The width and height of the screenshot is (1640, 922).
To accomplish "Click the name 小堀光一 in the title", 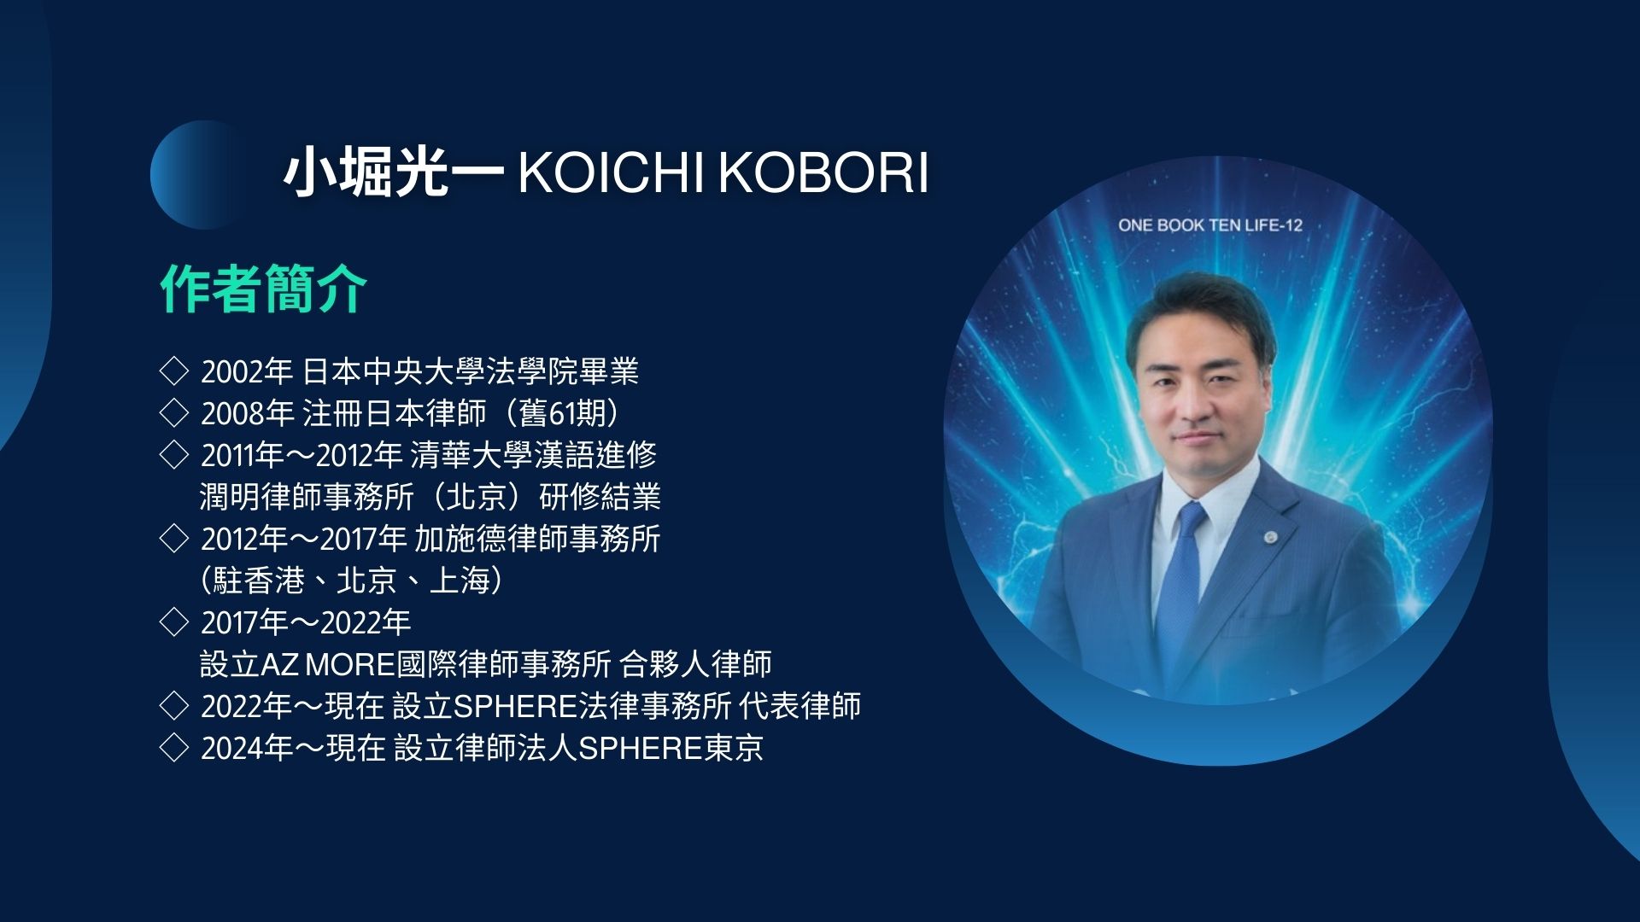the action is point(395,173).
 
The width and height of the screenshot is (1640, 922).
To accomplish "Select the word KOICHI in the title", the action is point(612,173).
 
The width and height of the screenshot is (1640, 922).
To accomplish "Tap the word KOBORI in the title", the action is point(823,173).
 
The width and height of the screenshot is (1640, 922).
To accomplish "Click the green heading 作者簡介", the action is point(264,289).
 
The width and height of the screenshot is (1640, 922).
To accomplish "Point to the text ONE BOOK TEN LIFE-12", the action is point(1210,225).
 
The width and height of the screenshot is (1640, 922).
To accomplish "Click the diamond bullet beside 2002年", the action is point(173,371).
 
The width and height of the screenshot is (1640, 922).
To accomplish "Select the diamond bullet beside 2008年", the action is point(173,412).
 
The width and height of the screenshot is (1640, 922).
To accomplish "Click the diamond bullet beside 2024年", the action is point(173,748).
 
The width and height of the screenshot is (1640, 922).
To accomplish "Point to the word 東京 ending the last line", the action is point(733,748).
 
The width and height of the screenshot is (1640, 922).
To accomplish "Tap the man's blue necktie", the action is point(1182,589).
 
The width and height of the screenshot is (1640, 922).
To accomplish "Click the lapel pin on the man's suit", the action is point(1271,537).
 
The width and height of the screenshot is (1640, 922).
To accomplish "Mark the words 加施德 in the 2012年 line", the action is point(460,539).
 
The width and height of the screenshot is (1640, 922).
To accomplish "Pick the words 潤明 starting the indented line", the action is point(230,497).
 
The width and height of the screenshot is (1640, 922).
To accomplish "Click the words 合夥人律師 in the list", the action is point(695,664).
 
